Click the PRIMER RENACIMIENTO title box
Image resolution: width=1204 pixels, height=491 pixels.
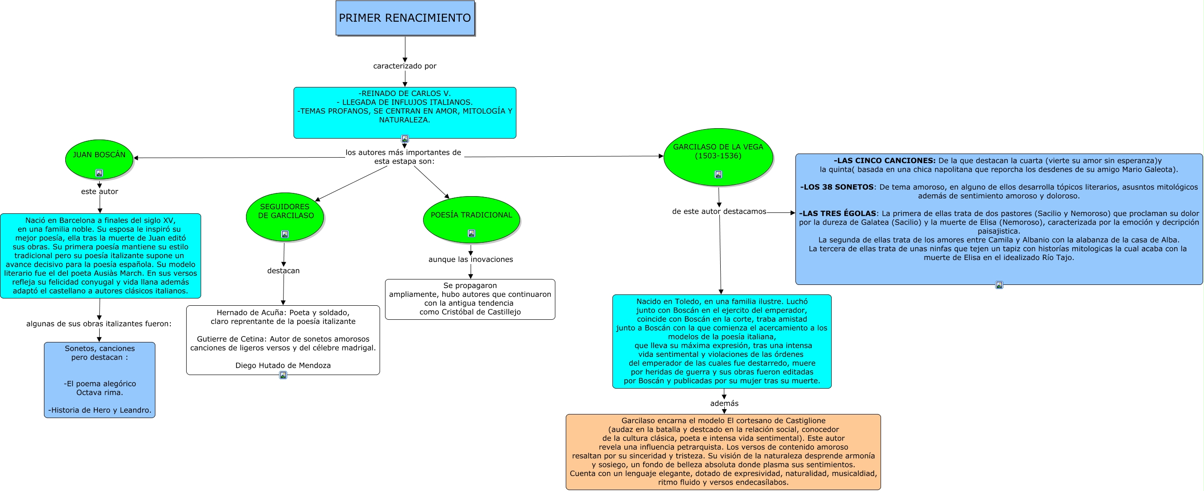(x=405, y=18)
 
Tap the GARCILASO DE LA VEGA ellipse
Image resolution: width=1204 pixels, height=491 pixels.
(x=718, y=157)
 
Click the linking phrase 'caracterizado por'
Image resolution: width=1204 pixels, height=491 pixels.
(x=405, y=66)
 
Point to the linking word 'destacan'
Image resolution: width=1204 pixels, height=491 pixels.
(x=283, y=270)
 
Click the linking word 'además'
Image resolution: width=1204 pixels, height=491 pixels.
(x=724, y=403)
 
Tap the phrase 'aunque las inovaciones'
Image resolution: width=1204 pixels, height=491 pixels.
(x=470, y=259)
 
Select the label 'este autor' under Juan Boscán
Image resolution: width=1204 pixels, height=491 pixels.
(x=100, y=192)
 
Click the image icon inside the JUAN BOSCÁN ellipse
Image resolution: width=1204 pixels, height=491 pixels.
(x=99, y=173)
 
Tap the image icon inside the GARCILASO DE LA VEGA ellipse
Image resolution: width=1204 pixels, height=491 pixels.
(x=718, y=174)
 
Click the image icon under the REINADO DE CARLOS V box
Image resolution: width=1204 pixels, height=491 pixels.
(x=405, y=139)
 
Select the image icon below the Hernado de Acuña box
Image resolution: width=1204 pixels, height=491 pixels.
(x=283, y=375)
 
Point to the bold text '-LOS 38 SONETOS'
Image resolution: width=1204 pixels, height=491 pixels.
(x=837, y=187)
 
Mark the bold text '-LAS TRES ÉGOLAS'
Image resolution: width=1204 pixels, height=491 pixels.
(x=838, y=213)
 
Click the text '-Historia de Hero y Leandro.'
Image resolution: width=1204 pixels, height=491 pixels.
(x=100, y=410)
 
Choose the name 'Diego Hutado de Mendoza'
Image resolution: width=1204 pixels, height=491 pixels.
(x=283, y=366)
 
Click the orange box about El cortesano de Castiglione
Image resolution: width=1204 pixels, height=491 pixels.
(x=723, y=451)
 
